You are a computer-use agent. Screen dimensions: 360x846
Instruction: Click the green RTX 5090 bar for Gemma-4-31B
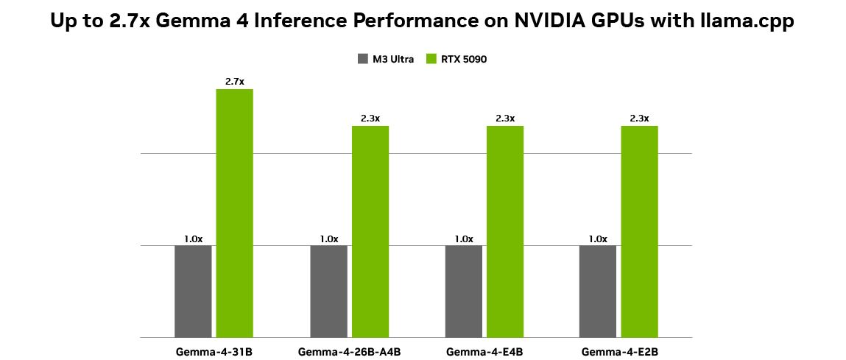234,213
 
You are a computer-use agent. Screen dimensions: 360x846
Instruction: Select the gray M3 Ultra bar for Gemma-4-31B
193,291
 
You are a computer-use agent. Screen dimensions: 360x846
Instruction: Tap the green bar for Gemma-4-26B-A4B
370,231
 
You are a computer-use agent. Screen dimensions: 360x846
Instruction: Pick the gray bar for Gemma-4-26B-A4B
328,291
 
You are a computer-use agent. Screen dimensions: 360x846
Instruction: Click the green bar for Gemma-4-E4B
505,231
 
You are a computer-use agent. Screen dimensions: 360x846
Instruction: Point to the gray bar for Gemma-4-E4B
464,291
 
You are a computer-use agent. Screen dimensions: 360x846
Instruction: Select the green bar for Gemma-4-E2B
639,231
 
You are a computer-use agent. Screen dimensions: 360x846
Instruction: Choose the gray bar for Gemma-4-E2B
598,291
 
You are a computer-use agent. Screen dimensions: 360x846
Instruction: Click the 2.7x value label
234,82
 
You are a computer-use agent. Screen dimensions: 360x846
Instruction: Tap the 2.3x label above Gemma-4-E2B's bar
639,119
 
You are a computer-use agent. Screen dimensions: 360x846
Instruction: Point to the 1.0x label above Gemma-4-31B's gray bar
193,239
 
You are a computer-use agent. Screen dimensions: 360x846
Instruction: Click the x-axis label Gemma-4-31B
214,351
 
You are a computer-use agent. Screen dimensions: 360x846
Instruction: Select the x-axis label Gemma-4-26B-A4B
349,351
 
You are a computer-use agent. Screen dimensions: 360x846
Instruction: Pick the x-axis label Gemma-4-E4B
484,351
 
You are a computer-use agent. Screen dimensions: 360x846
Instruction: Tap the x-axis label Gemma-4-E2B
618,351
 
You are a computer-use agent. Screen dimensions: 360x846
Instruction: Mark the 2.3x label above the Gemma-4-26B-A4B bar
370,119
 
